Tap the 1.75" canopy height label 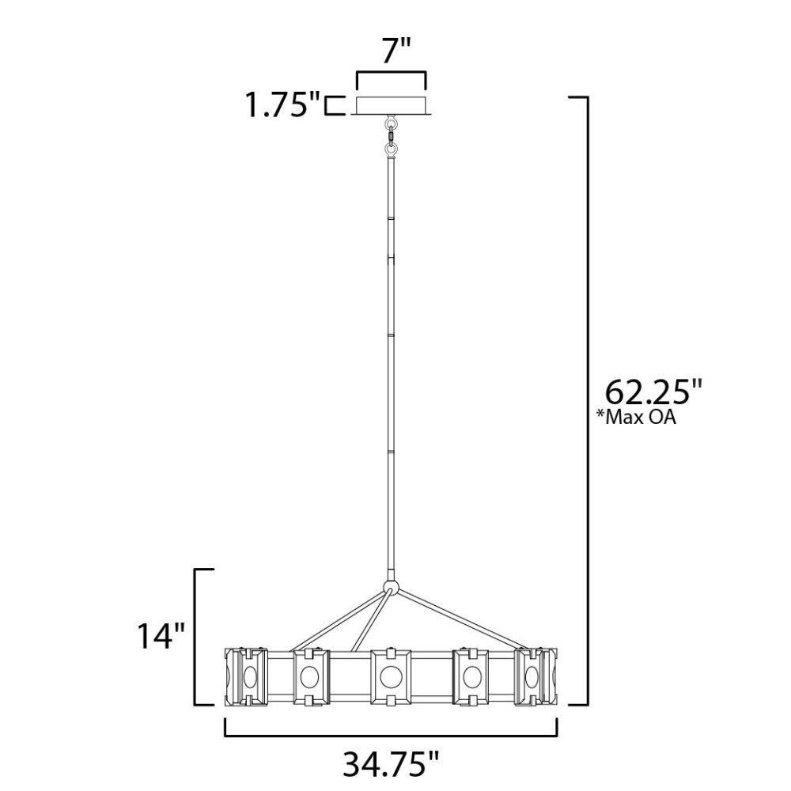282,105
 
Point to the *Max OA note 636,417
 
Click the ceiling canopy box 391,105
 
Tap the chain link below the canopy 391,135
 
